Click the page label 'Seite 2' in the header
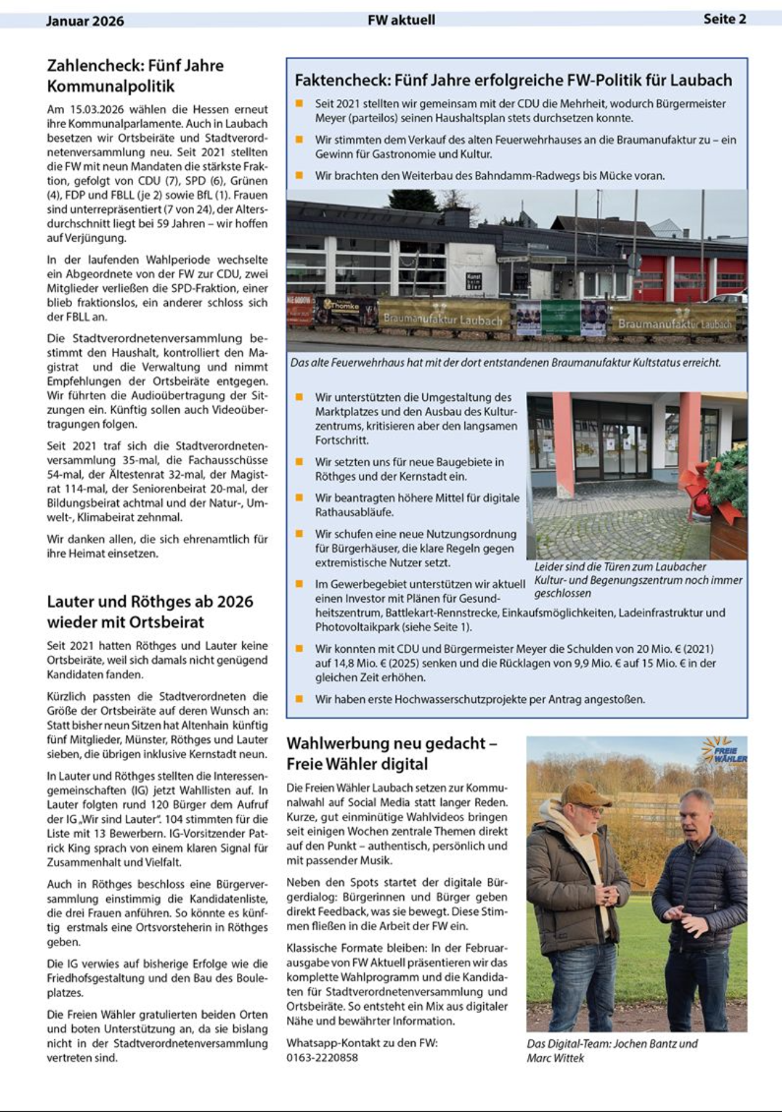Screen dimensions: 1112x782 724,19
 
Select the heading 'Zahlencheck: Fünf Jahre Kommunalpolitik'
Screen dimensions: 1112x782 135,76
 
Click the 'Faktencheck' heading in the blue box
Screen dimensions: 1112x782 513,81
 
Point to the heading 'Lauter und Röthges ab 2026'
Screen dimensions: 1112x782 150,611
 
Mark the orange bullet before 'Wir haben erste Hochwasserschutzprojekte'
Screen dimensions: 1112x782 299,699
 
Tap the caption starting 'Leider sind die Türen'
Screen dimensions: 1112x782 638,580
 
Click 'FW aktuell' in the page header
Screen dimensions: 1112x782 401,20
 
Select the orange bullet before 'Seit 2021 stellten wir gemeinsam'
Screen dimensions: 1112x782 299,104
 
